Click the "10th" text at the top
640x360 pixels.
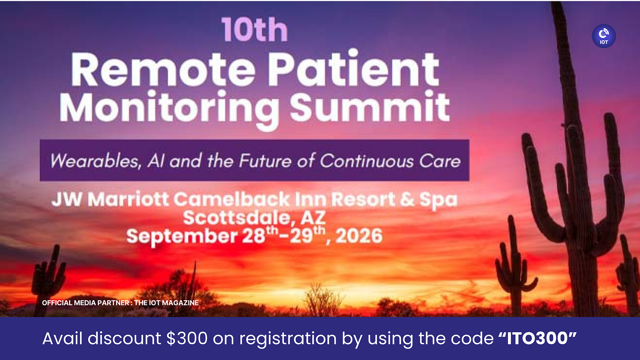[x=255, y=30]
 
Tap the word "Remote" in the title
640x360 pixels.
[x=163, y=70]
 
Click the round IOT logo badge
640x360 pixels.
[x=604, y=36]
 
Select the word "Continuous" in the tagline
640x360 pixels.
[x=367, y=161]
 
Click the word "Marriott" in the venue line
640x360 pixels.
[x=128, y=199]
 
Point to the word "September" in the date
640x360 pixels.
[x=182, y=237]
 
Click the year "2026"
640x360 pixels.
[x=359, y=236]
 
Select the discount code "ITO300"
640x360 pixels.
[x=537, y=339]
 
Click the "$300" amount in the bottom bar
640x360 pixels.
[x=187, y=339]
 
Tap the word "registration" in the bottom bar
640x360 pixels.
[x=288, y=339]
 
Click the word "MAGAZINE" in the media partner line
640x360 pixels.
[x=180, y=303]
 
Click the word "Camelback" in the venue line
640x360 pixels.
[x=232, y=199]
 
